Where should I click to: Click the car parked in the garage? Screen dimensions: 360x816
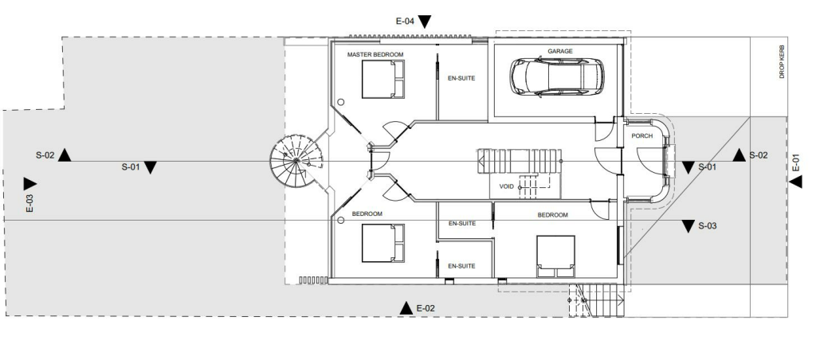pyautogui.click(x=556, y=76)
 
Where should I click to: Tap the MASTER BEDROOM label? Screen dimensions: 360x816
pyautogui.click(x=375, y=55)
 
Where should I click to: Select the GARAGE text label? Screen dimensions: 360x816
pyautogui.click(x=559, y=51)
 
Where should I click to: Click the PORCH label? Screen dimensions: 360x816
pyautogui.click(x=642, y=135)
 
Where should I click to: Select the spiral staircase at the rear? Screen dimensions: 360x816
pyautogui.click(x=295, y=161)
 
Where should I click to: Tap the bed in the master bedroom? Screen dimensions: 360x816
pyautogui.click(x=383, y=80)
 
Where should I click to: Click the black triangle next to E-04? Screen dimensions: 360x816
pyautogui.click(x=425, y=22)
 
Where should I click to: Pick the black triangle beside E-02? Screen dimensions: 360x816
pyautogui.click(x=406, y=307)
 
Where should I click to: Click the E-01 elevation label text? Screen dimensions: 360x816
pyautogui.click(x=796, y=162)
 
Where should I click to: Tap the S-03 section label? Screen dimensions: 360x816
pyautogui.click(x=708, y=226)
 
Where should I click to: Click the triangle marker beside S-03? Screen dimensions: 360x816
pyautogui.click(x=688, y=227)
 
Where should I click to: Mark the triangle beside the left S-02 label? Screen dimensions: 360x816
pyautogui.click(x=65, y=155)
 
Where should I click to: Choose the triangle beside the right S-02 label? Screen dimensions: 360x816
pyautogui.click(x=739, y=155)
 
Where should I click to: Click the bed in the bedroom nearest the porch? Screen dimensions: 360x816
pyautogui.click(x=556, y=256)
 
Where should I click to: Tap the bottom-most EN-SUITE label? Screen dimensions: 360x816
pyautogui.click(x=461, y=265)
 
